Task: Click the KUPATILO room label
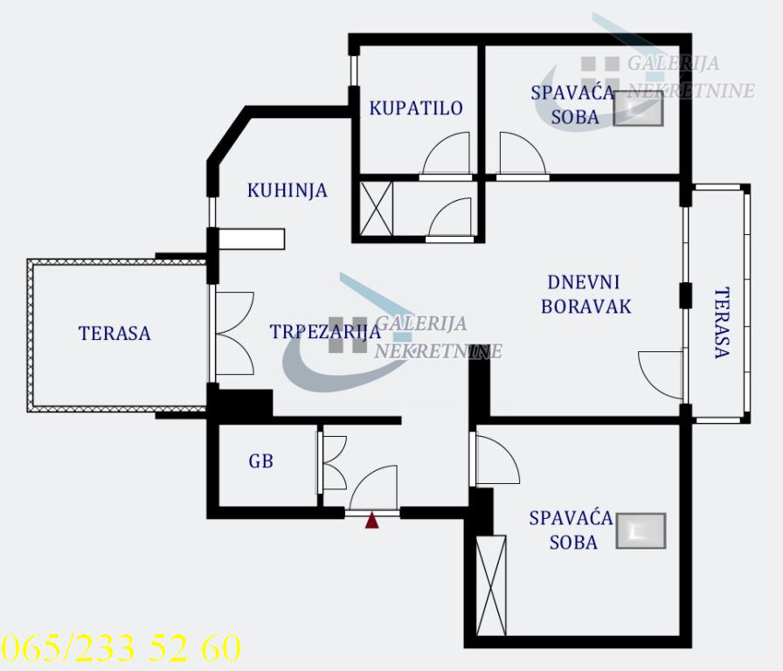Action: (415, 108)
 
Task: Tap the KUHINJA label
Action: (287, 190)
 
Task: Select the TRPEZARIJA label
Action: (325, 331)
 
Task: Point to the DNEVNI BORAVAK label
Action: (585, 294)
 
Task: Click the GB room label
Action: (260, 460)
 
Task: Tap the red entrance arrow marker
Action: (372, 521)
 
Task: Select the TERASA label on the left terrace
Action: (114, 333)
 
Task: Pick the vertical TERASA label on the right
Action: (721, 323)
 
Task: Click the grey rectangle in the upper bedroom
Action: (638, 110)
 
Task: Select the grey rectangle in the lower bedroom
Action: (641, 530)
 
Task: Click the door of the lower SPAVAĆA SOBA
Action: (495, 460)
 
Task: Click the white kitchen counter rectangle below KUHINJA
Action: (252, 239)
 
